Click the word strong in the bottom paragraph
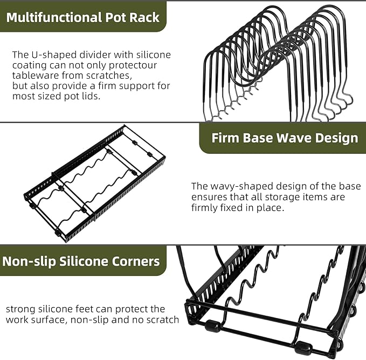click(x=19, y=309)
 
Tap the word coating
click(x=28, y=65)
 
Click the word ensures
click(x=208, y=197)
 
